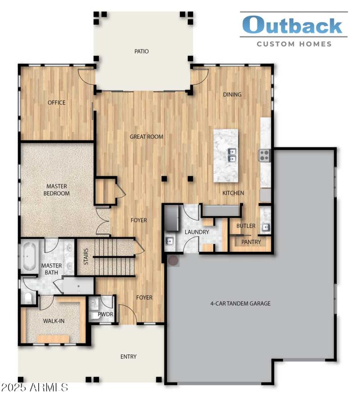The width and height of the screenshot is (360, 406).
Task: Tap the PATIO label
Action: click(141, 51)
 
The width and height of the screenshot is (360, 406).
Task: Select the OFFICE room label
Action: click(57, 103)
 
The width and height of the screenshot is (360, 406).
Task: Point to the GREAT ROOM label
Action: click(146, 137)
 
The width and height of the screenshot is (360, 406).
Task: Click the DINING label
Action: click(232, 94)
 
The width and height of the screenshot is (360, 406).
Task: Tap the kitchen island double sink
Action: click(232, 155)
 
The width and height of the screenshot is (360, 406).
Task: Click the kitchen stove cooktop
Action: click(264, 156)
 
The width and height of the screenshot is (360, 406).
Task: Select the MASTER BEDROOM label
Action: click(57, 190)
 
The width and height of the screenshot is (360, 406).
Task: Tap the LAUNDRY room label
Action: click(197, 232)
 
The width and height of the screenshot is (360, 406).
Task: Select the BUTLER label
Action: click(246, 226)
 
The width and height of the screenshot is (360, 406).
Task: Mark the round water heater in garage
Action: click(173, 260)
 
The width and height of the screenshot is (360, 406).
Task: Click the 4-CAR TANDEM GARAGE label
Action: click(240, 303)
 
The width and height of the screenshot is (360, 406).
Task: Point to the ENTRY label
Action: click(128, 357)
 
